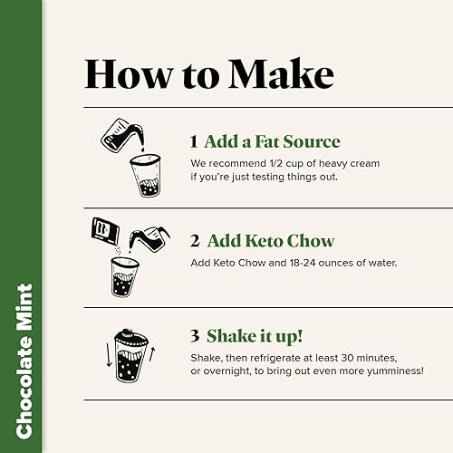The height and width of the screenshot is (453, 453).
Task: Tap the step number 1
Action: (x=194, y=142)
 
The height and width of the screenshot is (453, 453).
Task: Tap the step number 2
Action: (x=195, y=241)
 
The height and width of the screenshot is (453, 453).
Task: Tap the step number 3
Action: (x=195, y=336)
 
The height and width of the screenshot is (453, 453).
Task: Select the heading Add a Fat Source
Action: (x=272, y=142)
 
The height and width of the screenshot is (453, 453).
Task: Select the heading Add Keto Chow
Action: (x=270, y=241)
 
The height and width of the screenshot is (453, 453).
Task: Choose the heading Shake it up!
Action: (x=256, y=336)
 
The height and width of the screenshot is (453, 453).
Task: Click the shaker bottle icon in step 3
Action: (x=131, y=355)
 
